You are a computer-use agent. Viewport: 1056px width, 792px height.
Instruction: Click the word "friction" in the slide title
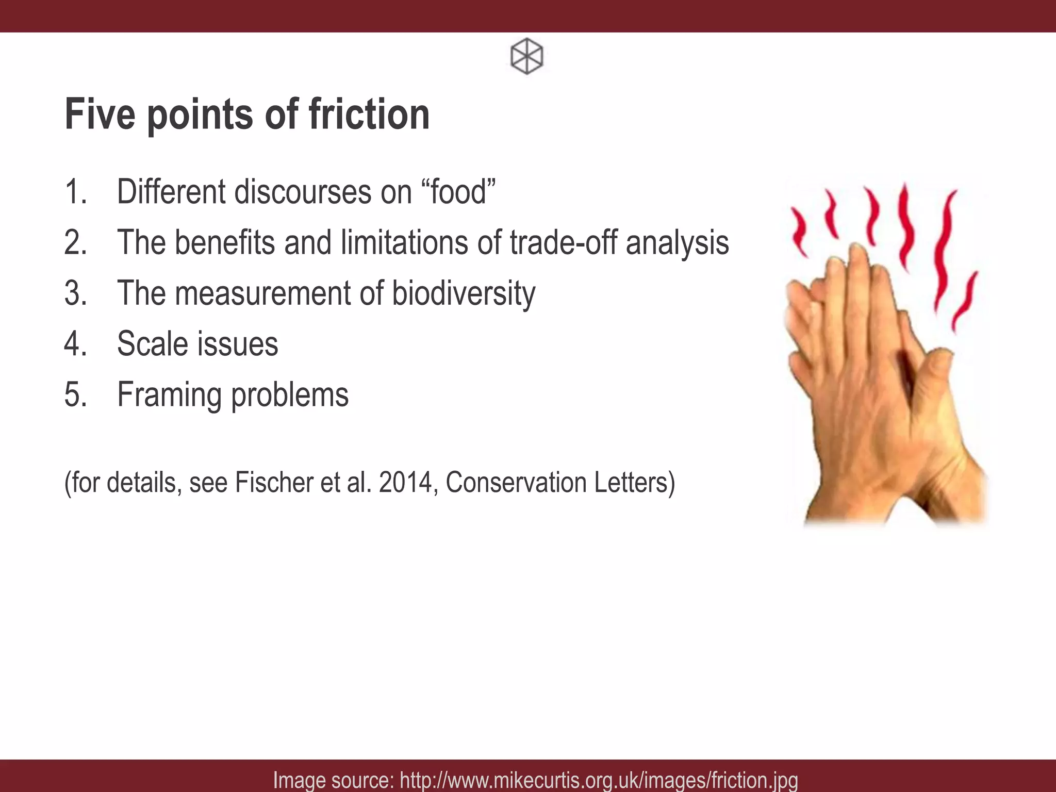point(369,114)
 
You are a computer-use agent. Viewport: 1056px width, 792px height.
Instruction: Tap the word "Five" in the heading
point(100,114)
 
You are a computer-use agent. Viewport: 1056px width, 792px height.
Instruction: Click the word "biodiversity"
point(464,293)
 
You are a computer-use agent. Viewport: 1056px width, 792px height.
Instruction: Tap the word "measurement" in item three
point(262,293)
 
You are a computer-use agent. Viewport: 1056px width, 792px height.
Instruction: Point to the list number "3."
point(75,293)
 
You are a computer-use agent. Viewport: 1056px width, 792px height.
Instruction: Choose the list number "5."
point(75,395)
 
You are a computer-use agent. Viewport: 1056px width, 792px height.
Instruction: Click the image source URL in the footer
point(599,780)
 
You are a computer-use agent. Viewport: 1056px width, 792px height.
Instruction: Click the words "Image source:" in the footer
point(334,780)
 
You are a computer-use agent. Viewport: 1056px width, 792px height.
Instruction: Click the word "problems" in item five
point(289,395)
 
